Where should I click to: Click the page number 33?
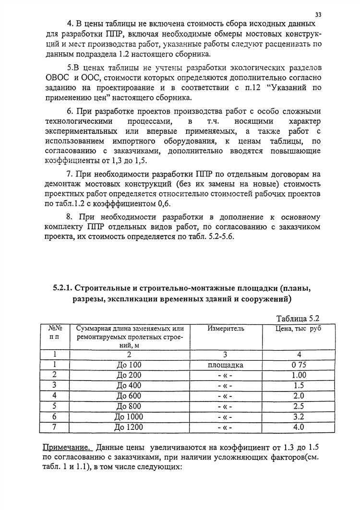(319, 15)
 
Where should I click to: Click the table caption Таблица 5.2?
(298, 319)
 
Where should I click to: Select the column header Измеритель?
(226, 329)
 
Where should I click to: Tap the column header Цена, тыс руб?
(298, 329)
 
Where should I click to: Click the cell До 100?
(129, 365)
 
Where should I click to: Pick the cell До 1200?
(129, 427)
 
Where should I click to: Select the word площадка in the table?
(226, 365)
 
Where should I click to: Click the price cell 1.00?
(299, 375)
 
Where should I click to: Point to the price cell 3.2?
(299, 416)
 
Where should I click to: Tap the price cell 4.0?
(299, 427)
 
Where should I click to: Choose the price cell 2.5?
(299, 406)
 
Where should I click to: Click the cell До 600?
(129, 396)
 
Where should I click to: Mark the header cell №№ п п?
(54, 332)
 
